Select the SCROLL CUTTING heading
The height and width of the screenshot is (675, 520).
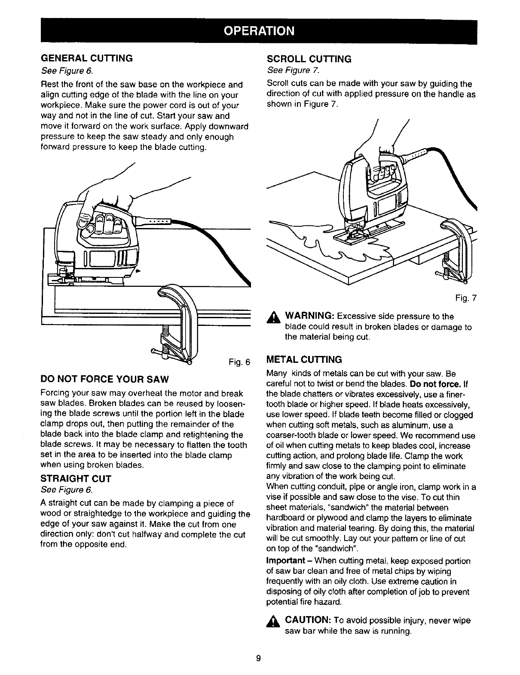309,59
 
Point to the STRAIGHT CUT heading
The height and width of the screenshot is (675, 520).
76,479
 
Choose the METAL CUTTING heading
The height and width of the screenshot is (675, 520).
304,359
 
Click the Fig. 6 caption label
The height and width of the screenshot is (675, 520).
239,361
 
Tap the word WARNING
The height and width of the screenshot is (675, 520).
309,316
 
